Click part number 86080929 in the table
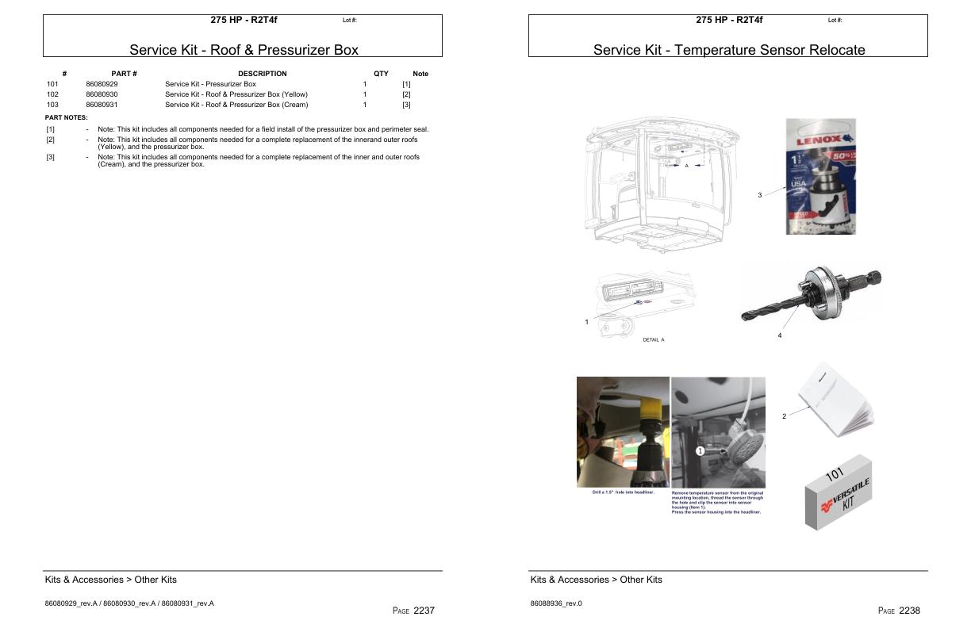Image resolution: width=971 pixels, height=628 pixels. (x=102, y=84)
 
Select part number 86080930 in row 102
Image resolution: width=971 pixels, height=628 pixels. (x=102, y=94)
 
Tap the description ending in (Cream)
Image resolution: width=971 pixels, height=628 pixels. (x=236, y=105)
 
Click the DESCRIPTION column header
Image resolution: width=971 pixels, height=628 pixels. (x=262, y=74)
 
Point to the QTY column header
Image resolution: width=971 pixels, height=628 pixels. (x=381, y=74)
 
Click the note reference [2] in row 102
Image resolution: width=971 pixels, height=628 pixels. (x=406, y=94)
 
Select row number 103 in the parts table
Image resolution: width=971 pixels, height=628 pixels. (x=52, y=105)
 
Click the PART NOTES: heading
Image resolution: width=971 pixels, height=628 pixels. (x=66, y=117)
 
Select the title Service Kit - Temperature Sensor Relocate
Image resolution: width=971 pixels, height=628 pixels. (x=728, y=50)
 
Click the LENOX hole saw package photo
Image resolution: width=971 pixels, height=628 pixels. (x=820, y=176)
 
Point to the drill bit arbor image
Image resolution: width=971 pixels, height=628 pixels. (x=812, y=294)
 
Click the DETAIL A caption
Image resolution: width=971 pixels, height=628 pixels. (x=653, y=339)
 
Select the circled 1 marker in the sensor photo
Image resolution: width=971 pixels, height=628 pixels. (x=700, y=450)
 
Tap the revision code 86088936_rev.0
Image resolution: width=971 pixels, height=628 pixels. (x=556, y=603)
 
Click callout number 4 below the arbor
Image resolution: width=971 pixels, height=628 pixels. (x=780, y=335)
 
